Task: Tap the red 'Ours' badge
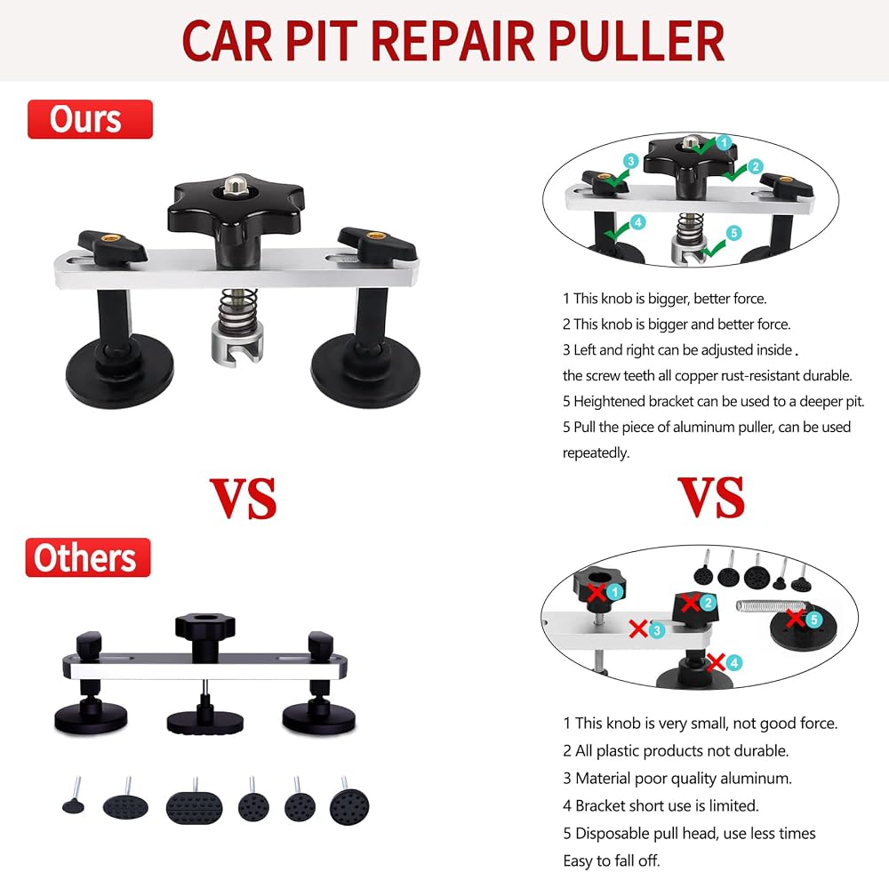[90, 119]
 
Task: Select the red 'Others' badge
[88, 557]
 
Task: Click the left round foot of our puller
[120, 370]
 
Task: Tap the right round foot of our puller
[366, 370]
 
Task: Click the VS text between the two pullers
[244, 498]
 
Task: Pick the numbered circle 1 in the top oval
[724, 142]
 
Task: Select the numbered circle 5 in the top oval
[733, 233]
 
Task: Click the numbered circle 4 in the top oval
[637, 222]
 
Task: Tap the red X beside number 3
[638, 628]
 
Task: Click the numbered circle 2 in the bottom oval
[708, 602]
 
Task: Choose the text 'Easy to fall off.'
[612, 860]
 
